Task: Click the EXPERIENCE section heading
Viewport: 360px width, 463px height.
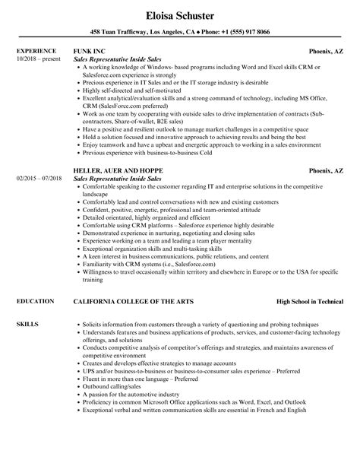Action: [36, 52]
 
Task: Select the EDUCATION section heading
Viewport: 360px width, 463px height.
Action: [34, 280]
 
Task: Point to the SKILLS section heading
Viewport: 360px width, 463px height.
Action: [27, 303]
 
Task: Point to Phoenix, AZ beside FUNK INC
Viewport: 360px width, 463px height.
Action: [326, 52]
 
